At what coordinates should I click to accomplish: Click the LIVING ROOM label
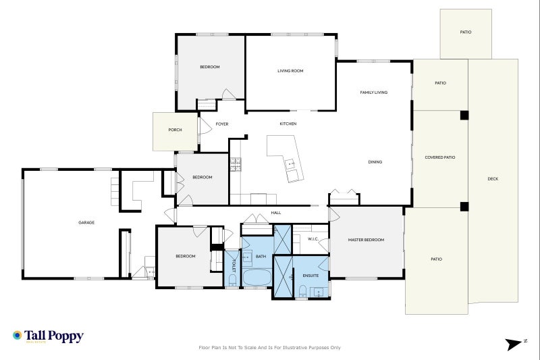click(x=290, y=71)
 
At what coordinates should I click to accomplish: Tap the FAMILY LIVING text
click(x=373, y=93)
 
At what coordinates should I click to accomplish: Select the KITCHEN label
click(x=288, y=124)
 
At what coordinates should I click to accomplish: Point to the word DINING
click(x=375, y=162)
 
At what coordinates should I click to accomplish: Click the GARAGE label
click(x=86, y=222)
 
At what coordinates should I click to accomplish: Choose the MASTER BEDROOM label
click(x=366, y=240)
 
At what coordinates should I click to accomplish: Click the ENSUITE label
click(x=310, y=276)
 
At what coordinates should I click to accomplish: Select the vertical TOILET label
click(x=234, y=265)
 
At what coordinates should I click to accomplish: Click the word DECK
click(x=493, y=179)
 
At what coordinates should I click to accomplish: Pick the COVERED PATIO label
click(x=439, y=157)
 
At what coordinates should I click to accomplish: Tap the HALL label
click(x=276, y=213)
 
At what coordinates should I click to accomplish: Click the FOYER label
click(x=221, y=124)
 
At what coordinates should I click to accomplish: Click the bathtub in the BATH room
click(x=256, y=277)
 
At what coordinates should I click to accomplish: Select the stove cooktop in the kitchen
click(x=236, y=165)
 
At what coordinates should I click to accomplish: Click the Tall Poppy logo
click(x=48, y=336)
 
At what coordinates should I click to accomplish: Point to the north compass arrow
click(x=516, y=344)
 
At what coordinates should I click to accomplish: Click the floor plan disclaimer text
click(x=270, y=348)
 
